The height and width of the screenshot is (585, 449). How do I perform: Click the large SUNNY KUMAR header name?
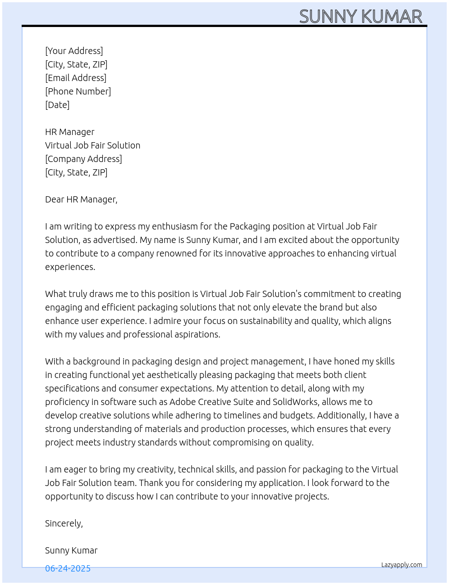pyautogui.click(x=361, y=17)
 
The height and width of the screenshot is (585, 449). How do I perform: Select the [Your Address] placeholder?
pyautogui.click(x=74, y=51)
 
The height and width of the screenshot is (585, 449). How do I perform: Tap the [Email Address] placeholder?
pyautogui.click(x=76, y=78)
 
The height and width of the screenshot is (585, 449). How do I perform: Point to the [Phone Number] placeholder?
pyautogui.click(x=78, y=91)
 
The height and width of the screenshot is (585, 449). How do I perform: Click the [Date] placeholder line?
pyautogui.click(x=57, y=105)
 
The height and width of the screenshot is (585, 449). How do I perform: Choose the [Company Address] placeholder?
pyautogui.click(x=83, y=159)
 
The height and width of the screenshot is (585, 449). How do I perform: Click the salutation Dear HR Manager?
pyautogui.click(x=81, y=199)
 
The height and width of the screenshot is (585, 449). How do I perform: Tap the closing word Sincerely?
pyautogui.click(x=64, y=523)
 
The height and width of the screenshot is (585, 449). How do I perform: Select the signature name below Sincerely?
pyautogui.click(x=71, y=550)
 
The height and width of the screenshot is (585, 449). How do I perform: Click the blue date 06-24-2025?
pyautogui.click(x=68, y=568)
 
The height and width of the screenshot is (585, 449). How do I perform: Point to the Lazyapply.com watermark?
pyautogui.click(x=402, y=565)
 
